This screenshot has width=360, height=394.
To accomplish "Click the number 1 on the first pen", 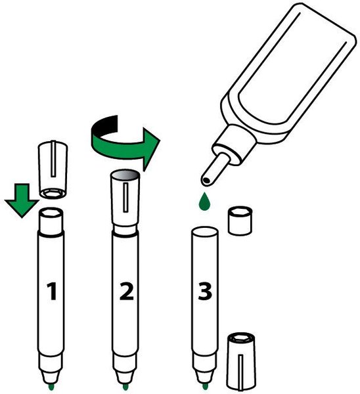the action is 52,291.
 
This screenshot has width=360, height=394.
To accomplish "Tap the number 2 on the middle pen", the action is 126,291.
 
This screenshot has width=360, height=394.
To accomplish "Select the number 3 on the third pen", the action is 205,291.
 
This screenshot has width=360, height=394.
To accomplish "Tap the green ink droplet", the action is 204,202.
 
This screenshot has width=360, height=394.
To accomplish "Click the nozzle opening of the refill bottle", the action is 207,181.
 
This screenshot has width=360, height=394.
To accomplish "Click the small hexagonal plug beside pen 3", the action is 240,221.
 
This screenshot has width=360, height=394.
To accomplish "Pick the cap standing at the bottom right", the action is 241,363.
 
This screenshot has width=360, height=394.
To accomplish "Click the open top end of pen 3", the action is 205,231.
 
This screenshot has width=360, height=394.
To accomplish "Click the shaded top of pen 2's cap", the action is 125,174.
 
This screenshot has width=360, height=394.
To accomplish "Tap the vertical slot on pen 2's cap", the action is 125,198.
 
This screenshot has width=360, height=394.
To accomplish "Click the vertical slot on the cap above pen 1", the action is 53,158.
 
